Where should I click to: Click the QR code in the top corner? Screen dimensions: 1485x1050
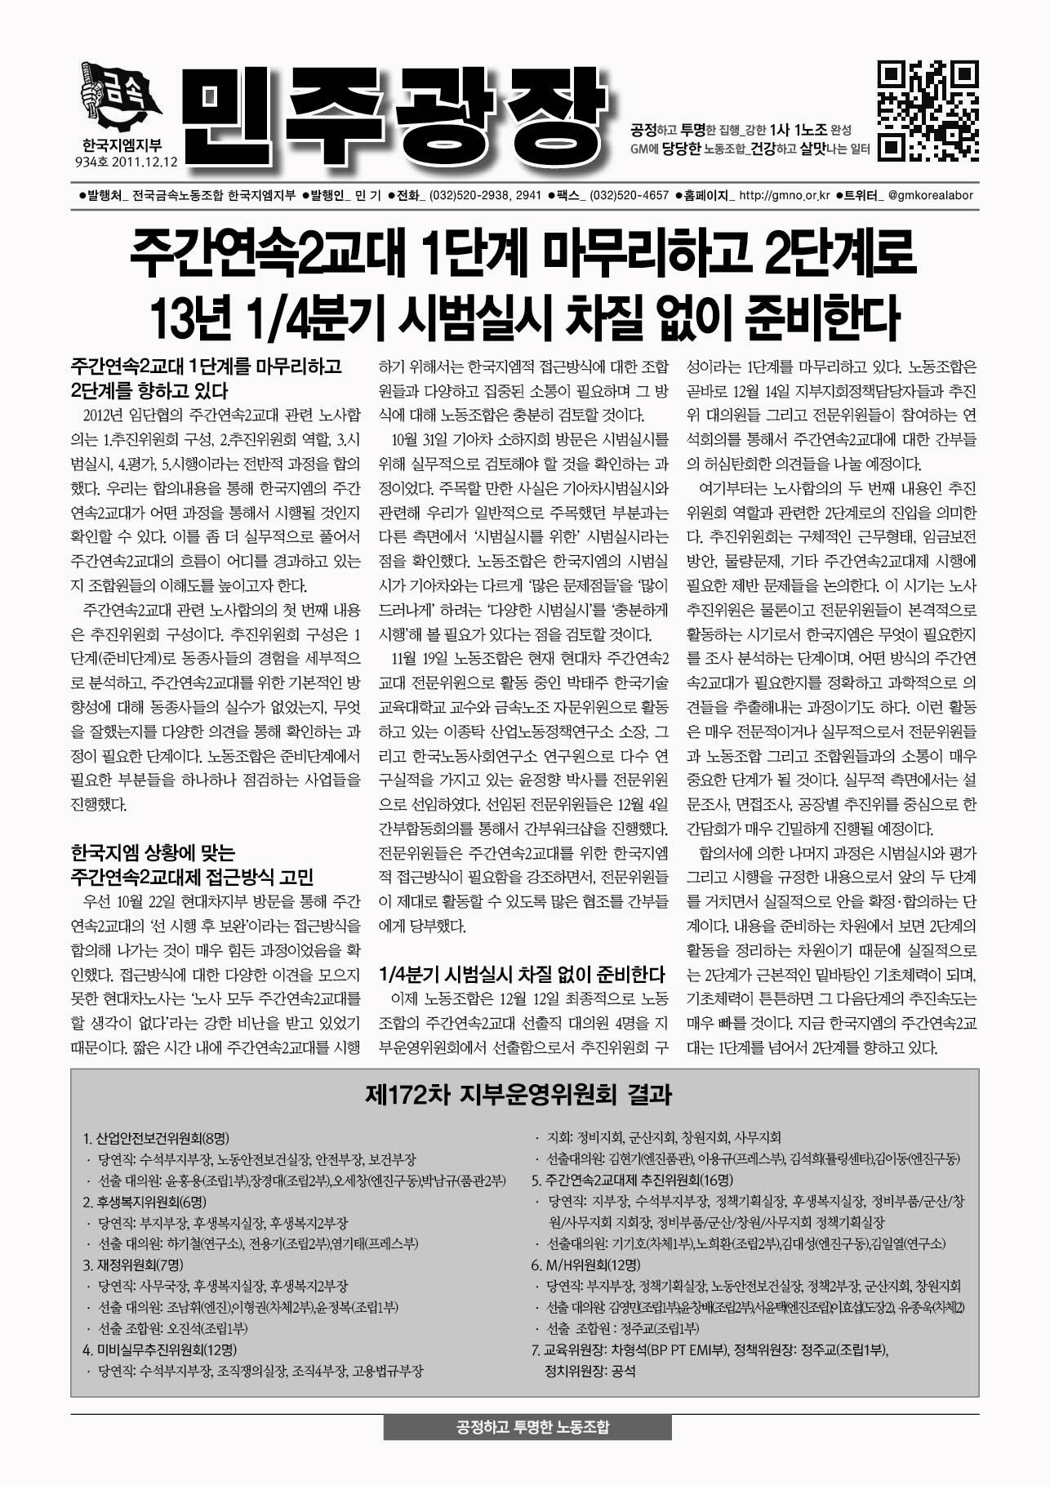click(928, 110)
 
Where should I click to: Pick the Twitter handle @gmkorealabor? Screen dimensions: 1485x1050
click(930, 196)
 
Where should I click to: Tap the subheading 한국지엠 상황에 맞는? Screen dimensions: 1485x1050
click(153, 854)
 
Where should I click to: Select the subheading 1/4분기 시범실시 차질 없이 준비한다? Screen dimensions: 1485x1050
click(523, 973)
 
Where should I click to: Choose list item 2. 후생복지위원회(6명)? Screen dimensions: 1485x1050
click(145, 1202)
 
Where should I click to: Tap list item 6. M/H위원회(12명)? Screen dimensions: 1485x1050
click(585, 1265)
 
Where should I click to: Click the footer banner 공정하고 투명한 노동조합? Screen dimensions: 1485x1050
click(527, 1428)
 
